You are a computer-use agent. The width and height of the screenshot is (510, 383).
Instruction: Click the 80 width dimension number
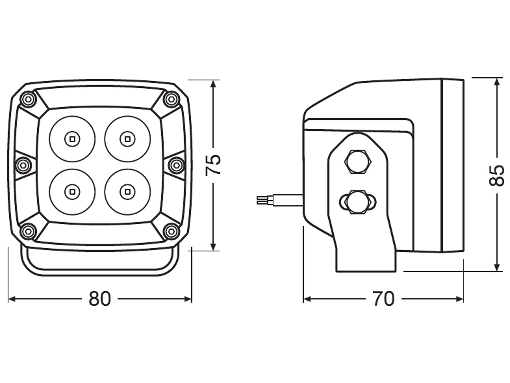[x=100, y=299]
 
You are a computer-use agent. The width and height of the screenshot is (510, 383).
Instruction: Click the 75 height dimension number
[x=213, y=165]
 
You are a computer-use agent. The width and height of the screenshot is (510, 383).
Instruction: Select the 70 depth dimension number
[x=383, y=299]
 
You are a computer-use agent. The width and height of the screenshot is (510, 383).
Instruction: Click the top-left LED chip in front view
[x=72, y=139]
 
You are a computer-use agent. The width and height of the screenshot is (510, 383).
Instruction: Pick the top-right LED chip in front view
[x=127, y=139]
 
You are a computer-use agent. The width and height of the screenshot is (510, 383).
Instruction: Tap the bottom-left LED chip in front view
[x=72, y=191]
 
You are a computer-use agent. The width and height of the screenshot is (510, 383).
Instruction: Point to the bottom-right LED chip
[x=127, y=191]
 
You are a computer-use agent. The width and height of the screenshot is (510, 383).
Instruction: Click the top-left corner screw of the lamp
[x=29, y=100]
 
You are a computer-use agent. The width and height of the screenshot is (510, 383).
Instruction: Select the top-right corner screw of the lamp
[x=171, y=100]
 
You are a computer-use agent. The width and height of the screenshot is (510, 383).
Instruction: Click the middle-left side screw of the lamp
[x=23, y=165]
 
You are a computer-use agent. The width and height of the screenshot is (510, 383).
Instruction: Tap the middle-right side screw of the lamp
[x=177, y=165]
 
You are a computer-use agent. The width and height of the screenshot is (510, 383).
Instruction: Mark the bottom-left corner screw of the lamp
[x=29, y=231]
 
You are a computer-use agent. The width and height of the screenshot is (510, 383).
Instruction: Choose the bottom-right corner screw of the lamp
[x=171, y=231]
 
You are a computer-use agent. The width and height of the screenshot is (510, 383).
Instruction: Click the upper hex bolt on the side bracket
[x=358, y=161]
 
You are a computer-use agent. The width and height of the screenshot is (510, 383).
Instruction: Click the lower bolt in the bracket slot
[x=358, y=202]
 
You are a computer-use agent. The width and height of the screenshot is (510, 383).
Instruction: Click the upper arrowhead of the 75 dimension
[x=213, y=84]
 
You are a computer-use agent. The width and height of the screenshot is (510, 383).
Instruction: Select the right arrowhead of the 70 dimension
[x=459, y=299]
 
